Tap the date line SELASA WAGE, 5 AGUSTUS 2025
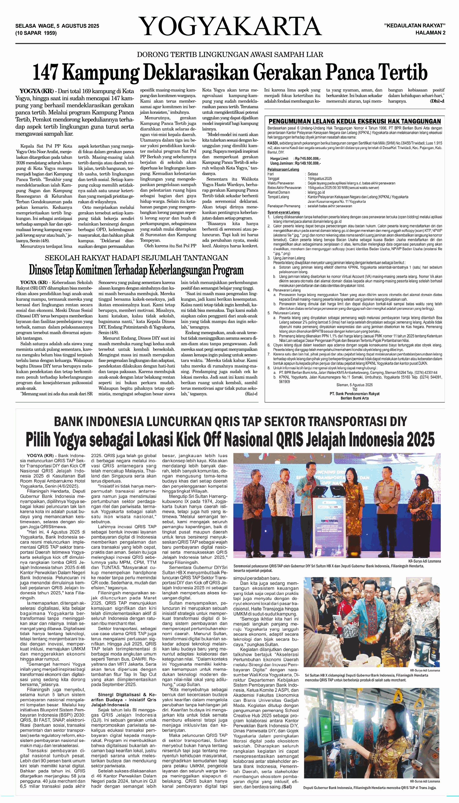click(57, 26)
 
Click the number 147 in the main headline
click(46, 73)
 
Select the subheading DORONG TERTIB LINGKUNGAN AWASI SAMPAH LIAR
click(230, 55)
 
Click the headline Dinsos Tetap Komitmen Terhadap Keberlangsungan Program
click(136, 270)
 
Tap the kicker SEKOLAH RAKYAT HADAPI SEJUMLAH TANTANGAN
click(136, 258)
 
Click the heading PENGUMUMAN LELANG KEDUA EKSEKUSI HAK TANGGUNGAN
click(355, 121)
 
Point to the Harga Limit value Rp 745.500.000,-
click(308, 159)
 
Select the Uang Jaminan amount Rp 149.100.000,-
click(308, 163)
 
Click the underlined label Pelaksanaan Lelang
click(283, 170)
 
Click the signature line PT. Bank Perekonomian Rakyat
click(355, 394)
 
